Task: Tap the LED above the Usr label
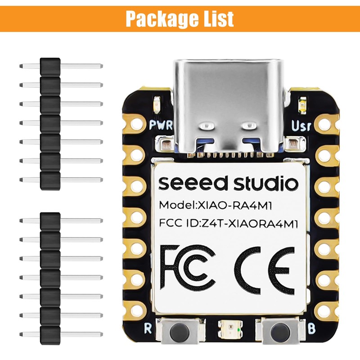(x=302, y=106)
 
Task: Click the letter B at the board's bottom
(x=311, y=328)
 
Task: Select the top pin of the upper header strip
(x=61, y=66)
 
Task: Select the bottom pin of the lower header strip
(x=61, y=333)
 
